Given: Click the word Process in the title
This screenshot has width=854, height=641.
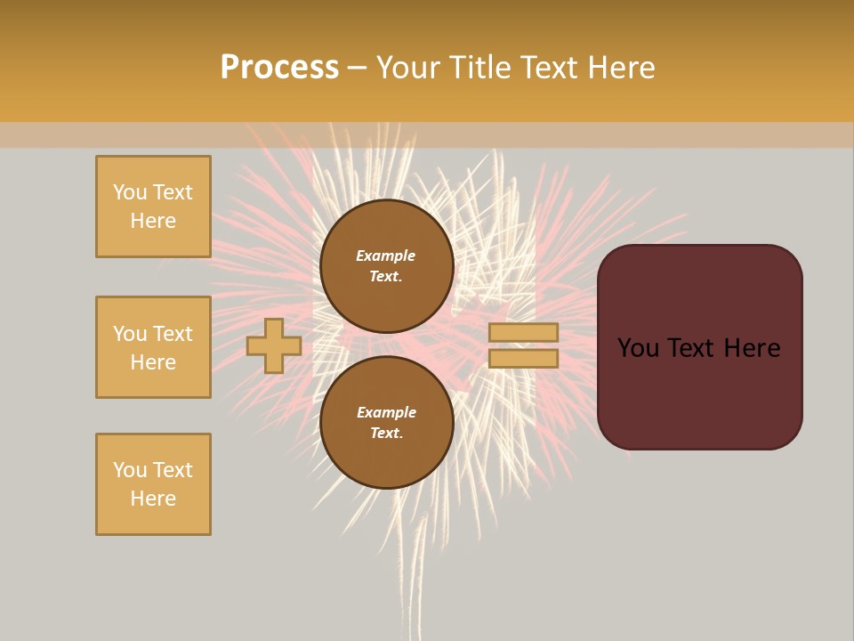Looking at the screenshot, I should pyautogui.click(x=279, y=68).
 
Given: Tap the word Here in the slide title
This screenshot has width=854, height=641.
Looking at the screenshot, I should pyautogui.click(x=617, y=68).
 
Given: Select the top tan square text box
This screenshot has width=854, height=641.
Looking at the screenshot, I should pyautogui.click(x=153, y=207).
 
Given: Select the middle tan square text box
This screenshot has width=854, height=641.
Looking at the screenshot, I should pyautogui.click(x=153, y=347).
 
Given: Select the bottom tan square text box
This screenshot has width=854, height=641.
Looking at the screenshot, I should pyautogui.click(x=153, y=484).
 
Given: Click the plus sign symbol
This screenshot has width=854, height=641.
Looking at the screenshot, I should pyautogui.click(x=274, y=346).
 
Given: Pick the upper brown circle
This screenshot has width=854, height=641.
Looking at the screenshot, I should pyautogui.click(x=387, y=266).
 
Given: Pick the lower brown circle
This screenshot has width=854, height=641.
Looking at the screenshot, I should pyautogui.click(x=387, y=423).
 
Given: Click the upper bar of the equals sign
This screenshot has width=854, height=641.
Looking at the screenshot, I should pyautogui.click(x=523, y=333).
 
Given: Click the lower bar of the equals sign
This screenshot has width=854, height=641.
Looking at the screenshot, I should pyautogui.click(x=523, y=359).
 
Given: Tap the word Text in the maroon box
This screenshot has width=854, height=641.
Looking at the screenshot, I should pyautogui.click(x=694, y=348).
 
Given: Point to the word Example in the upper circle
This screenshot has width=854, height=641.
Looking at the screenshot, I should pyautogui.click(x=386, y=256).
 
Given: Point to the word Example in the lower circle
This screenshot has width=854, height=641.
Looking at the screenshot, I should pyautogui.click(x=386, y=412).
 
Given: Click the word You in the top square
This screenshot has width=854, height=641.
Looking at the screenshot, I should pyautogui.click(x=129, y=192).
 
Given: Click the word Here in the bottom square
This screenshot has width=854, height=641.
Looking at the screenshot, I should pyautogui.click(x=153, y=499).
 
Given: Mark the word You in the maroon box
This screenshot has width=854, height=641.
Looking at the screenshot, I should pyautogui.click(x=639, y=348).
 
